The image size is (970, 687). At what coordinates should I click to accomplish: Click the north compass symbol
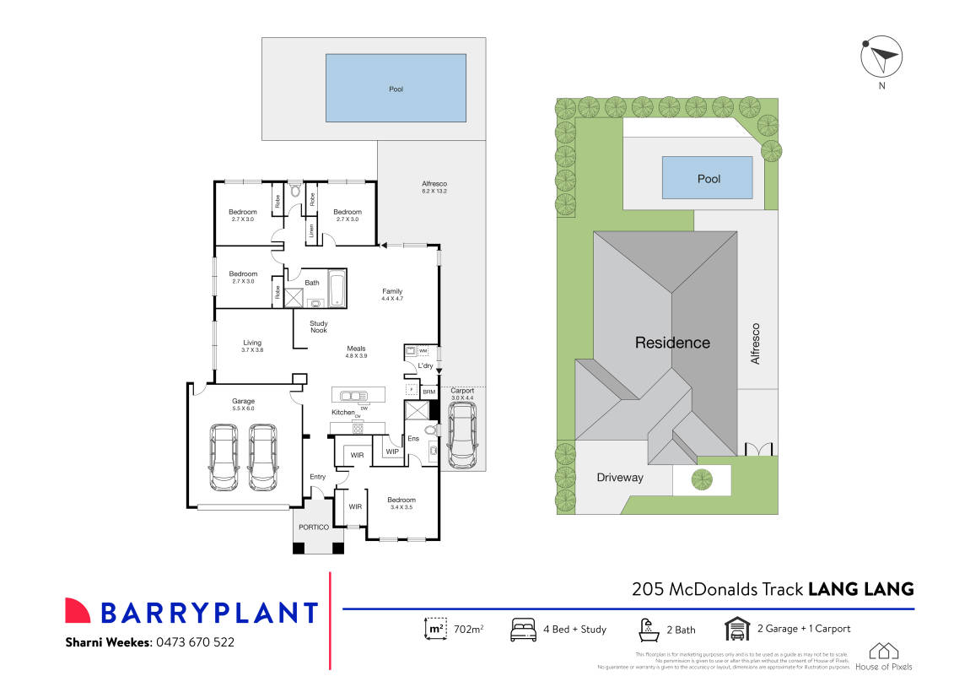[x=881, y=58]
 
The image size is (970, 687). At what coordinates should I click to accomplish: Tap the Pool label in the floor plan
[x=396, y=89]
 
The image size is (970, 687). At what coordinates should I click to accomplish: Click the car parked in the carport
[x=461, y=435]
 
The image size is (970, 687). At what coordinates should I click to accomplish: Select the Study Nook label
[x=318, y=327]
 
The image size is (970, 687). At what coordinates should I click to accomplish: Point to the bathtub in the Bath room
[x=337, y=289]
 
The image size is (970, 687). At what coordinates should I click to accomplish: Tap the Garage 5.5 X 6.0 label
[x=243, y=404]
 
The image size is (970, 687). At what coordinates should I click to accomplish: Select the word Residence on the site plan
[x=672, y=343]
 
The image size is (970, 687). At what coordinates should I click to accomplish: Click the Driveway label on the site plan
[x=620, y=478]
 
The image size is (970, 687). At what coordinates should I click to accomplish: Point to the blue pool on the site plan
[x=707, y=178]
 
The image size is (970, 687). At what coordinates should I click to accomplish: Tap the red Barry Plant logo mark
[x=78, y=611]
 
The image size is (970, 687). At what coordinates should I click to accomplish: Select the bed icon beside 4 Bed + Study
[x=523, y=629]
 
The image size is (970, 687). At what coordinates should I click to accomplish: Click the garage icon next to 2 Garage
[x=737, y=629]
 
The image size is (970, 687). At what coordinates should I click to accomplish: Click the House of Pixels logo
[x=883, y=656]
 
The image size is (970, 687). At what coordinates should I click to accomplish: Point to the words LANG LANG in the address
[x=861, y=589]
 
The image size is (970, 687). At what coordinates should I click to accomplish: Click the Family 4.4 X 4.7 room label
[x=392, y=295]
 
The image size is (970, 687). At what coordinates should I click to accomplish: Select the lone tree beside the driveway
[x=702, y=480]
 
